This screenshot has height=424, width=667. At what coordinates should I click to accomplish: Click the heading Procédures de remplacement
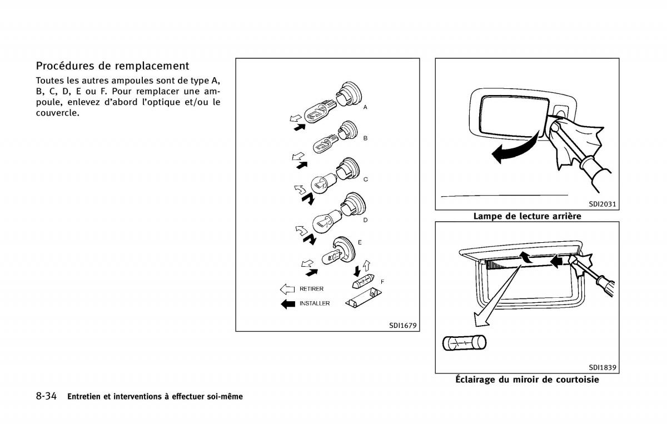point(112,66)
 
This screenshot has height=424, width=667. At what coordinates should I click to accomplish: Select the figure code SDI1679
point(402,325)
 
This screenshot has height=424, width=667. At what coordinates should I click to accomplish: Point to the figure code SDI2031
point(603,204)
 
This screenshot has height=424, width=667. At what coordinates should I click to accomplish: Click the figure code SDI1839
point(603,367)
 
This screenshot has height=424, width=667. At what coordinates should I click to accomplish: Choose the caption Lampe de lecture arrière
point(527,216)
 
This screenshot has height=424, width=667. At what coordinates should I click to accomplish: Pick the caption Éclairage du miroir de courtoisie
point(527,380)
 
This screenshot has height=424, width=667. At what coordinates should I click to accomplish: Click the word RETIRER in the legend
point(311,289)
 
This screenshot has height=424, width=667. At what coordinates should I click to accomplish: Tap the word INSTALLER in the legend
point(315,303)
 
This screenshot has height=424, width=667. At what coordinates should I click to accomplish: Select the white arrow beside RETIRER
point(287,289)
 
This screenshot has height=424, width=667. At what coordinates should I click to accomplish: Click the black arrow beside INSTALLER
point(287,304)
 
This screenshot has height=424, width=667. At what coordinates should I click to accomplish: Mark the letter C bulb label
point(365,179)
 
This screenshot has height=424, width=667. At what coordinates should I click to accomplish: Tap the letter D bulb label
point(365,220)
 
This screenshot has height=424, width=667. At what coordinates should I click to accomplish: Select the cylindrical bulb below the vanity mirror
point(464,343)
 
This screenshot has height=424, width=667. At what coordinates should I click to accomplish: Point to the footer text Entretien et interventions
point(155,397)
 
